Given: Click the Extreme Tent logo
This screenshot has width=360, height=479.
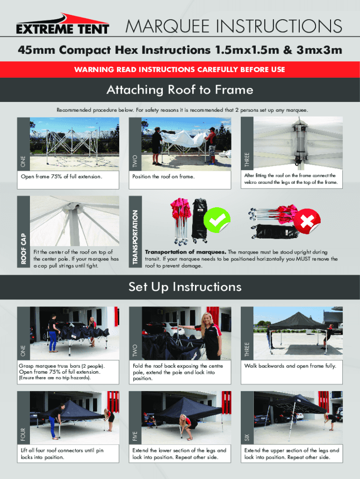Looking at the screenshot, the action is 63,24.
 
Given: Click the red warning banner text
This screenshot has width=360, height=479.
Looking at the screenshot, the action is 180,69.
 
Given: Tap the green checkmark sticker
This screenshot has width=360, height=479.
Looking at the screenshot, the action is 217,220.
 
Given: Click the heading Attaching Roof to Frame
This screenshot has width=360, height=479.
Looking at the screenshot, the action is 180,90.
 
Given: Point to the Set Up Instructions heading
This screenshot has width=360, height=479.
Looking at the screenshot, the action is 185,287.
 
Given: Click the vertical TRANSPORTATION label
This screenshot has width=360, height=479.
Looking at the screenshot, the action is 135,237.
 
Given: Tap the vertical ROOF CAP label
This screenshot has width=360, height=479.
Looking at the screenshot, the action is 23,249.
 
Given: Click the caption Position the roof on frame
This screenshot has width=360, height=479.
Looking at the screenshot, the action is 163,176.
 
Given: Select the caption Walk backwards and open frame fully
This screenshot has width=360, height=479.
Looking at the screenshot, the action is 290,366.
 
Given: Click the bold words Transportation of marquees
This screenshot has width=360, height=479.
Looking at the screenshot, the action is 185,252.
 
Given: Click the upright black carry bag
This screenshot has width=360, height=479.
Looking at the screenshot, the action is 199,220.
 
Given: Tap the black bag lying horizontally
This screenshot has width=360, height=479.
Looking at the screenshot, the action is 276,231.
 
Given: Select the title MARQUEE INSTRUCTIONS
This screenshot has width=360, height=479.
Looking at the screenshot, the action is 234,26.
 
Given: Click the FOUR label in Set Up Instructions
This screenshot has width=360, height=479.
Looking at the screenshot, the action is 23,435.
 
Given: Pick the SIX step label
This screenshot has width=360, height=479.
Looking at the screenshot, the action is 247,438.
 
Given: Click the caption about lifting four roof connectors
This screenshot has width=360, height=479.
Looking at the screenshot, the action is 62,454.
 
